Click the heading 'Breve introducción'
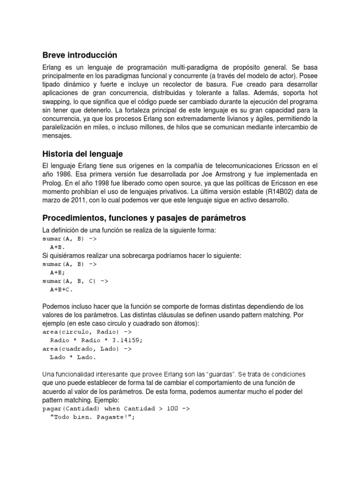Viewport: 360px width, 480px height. pos(80,55)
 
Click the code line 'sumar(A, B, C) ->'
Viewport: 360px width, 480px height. pos(75,281)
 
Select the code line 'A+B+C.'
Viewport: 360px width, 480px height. pos(61,289)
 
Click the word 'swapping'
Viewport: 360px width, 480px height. pos(59,102)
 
